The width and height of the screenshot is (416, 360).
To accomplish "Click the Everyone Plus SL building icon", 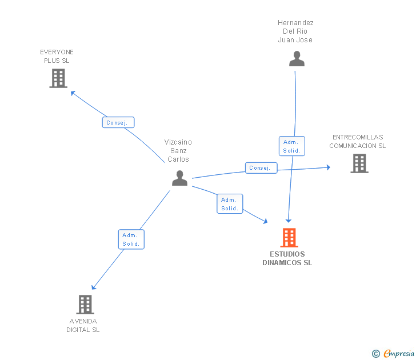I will coord(58,78).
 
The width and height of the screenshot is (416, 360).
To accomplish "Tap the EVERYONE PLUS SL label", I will coord(57,56).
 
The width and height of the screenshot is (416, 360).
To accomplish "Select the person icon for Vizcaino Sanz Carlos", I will coord(179,178).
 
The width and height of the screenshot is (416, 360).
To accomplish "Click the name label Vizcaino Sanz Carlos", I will coord(178,150).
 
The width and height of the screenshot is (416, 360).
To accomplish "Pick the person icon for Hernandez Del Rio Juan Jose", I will coord(297,59).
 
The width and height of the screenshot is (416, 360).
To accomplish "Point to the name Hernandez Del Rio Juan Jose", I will coord(295,31).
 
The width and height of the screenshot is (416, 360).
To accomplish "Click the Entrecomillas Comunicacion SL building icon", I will coord(359,163).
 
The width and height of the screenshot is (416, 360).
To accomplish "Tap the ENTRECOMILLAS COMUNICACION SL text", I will coord(358,141).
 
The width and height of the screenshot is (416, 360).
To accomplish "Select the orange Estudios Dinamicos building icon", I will coord(289,237).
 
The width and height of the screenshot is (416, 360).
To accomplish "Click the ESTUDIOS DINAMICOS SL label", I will coord(287,258).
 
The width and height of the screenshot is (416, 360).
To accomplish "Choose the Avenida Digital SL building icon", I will coord(85,305).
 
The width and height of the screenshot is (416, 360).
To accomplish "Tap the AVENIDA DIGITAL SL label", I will coord(83,325).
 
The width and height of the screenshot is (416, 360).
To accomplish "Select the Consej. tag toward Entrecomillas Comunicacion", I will coord(261,168).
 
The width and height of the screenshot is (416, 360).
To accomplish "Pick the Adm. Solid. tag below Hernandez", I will coord(291,146).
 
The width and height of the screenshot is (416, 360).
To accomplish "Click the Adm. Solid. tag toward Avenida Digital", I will coord(131,239).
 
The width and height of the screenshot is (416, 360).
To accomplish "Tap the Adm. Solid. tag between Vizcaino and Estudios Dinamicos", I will coord(230,204).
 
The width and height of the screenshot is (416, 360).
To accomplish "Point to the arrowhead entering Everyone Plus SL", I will coord(72,92).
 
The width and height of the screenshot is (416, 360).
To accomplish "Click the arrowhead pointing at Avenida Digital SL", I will coord(94,287).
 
